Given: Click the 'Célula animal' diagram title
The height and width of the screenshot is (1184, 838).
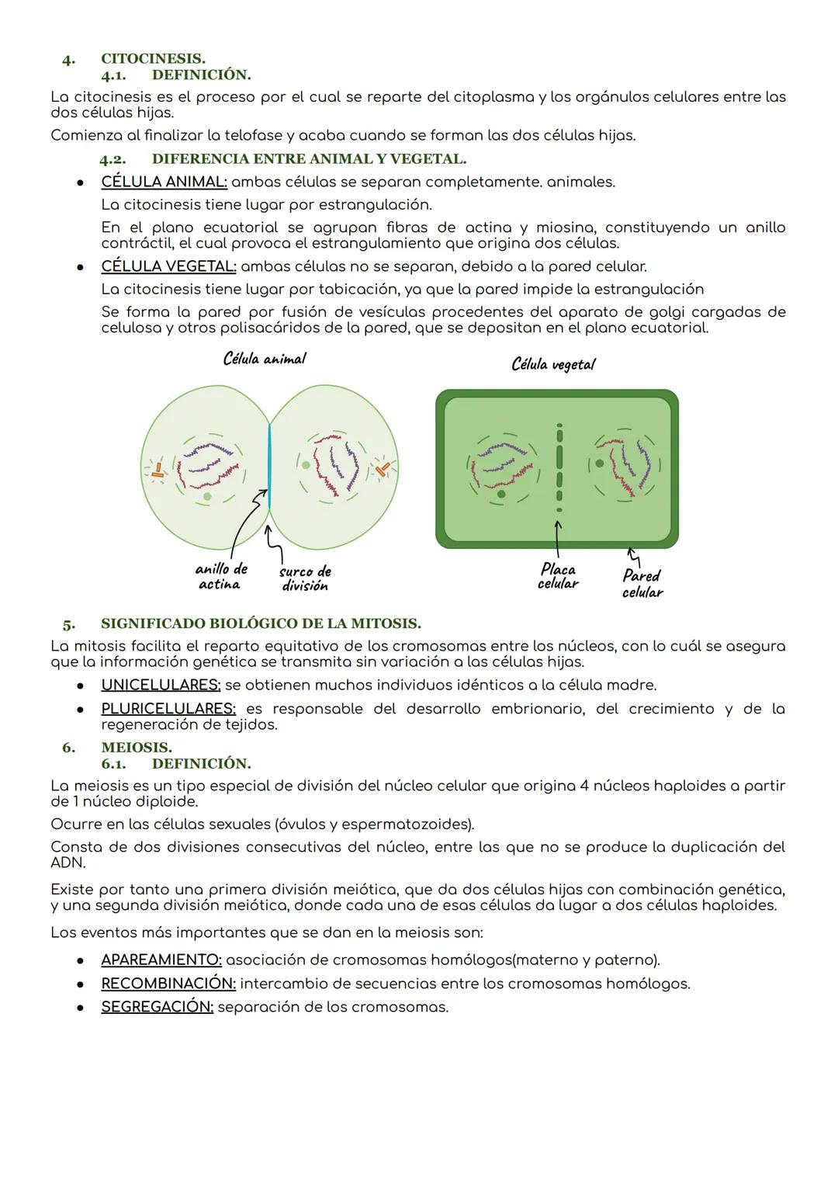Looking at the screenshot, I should click(264, 359).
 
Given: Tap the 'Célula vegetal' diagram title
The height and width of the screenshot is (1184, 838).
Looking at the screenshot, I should click(553, 364).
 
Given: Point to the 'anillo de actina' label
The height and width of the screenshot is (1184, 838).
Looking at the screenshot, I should click(220, 577).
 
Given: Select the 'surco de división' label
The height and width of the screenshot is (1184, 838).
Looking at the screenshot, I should click(305, 578).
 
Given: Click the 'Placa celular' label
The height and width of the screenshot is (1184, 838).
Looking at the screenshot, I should click(558, 576).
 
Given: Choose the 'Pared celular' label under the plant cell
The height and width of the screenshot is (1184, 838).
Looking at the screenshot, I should click(642, 584).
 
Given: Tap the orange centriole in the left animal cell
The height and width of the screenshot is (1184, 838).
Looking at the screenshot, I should click(158, 469).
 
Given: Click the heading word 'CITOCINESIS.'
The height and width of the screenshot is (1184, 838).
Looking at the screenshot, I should click(153, 59).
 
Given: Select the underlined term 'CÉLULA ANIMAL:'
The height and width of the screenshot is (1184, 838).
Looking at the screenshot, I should click(164, 182).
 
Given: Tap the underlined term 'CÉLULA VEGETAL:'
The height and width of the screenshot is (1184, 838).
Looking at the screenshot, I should click(168, 266).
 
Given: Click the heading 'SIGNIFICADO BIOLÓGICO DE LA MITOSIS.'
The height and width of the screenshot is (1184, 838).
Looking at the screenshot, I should click(261, 623).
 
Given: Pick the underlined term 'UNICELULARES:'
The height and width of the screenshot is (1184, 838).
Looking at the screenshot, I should click(161, 686).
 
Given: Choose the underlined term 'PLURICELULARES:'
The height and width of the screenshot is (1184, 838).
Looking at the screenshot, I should click(168, 709).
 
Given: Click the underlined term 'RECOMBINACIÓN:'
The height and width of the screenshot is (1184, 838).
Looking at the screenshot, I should click(168, 984).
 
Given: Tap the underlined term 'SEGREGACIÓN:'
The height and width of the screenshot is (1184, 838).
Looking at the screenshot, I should click(157, 1007).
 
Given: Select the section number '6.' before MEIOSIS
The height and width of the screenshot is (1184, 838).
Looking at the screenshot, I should click(69, 747).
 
